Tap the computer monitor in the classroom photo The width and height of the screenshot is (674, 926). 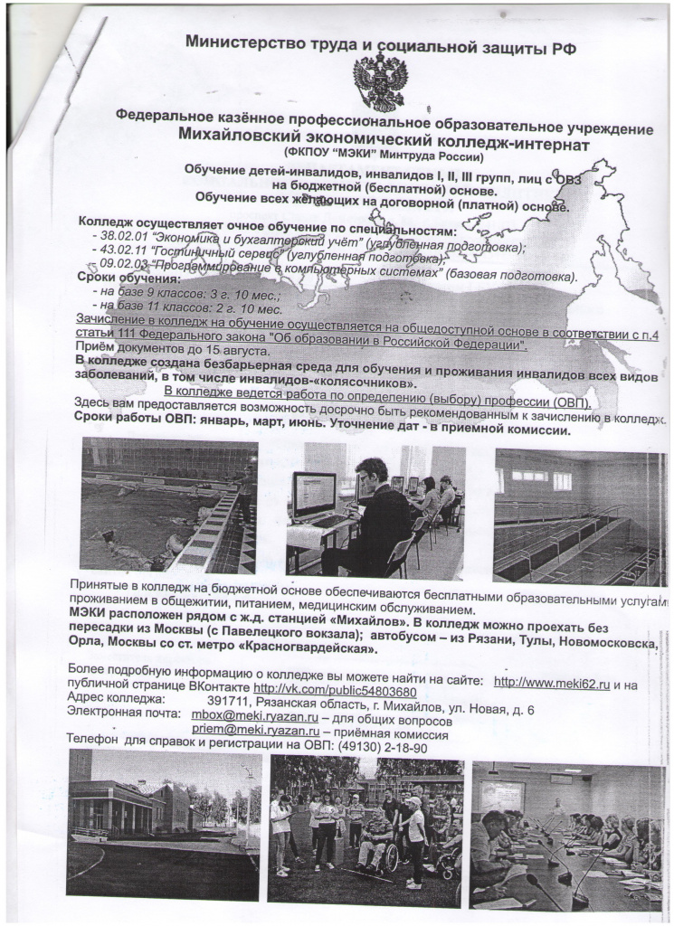pos(312,495)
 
